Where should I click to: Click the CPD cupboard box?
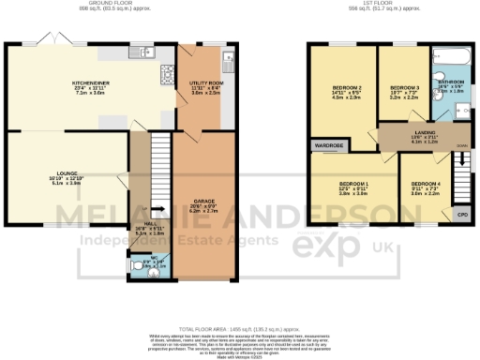(461, 215)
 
